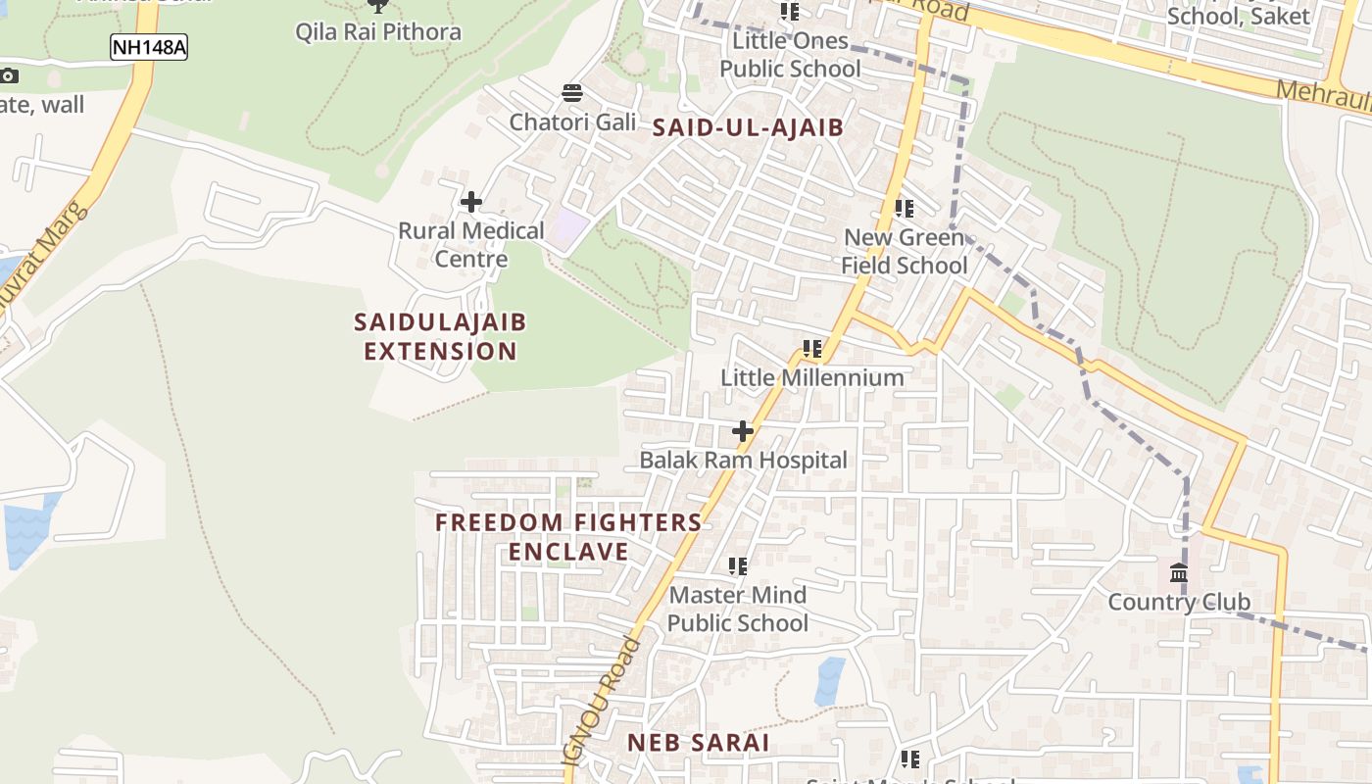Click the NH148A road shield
tap(148, 47)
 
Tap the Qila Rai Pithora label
tap(378, 31)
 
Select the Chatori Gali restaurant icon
tap(572, 93)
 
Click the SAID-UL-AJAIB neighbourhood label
tap(748, 126)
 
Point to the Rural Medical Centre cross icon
tap(471, 202)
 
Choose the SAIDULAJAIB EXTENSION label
tap(440, 336)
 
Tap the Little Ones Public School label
tap(790, 55)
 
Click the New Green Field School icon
tap(904, 208)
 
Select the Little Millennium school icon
tap(811, 348)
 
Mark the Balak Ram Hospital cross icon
tap(743, 430)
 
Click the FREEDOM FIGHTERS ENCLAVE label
tap(568, 536)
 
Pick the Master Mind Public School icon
tap(738, 565)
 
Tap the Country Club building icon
tap(1179, 572)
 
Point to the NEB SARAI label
tap(698, 742)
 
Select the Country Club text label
tap(1179, 602)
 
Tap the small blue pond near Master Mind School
tap(829, 680)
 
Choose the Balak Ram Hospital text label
tap(743, 460)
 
